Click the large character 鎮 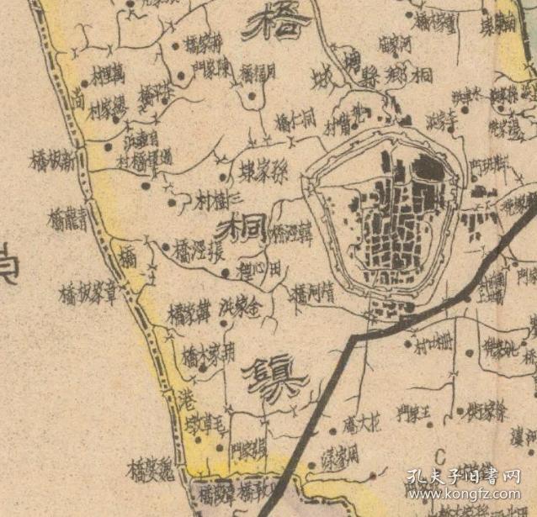point(274,375)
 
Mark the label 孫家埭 point(262,169)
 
